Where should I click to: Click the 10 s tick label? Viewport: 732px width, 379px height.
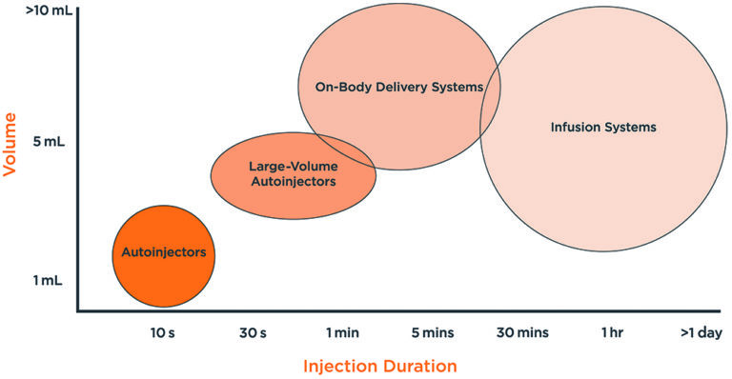[162, 332]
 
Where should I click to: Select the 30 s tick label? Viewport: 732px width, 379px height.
[252, 332]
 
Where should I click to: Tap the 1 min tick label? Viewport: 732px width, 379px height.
[342, 332]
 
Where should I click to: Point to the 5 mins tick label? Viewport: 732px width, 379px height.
[432, 332]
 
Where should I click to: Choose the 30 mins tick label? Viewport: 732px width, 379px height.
[520, 332]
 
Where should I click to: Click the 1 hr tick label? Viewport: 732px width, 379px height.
[613, 332]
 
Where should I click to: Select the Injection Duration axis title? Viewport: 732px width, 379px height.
[380, 366]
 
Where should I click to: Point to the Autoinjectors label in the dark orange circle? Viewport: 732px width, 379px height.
[164, 253]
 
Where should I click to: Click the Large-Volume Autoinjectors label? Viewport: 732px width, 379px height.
[292, 172]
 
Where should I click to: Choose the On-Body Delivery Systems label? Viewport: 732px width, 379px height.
[399, 87]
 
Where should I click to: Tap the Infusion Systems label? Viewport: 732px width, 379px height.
[604, 127]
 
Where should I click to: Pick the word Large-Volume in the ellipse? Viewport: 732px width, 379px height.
[292, 164]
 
